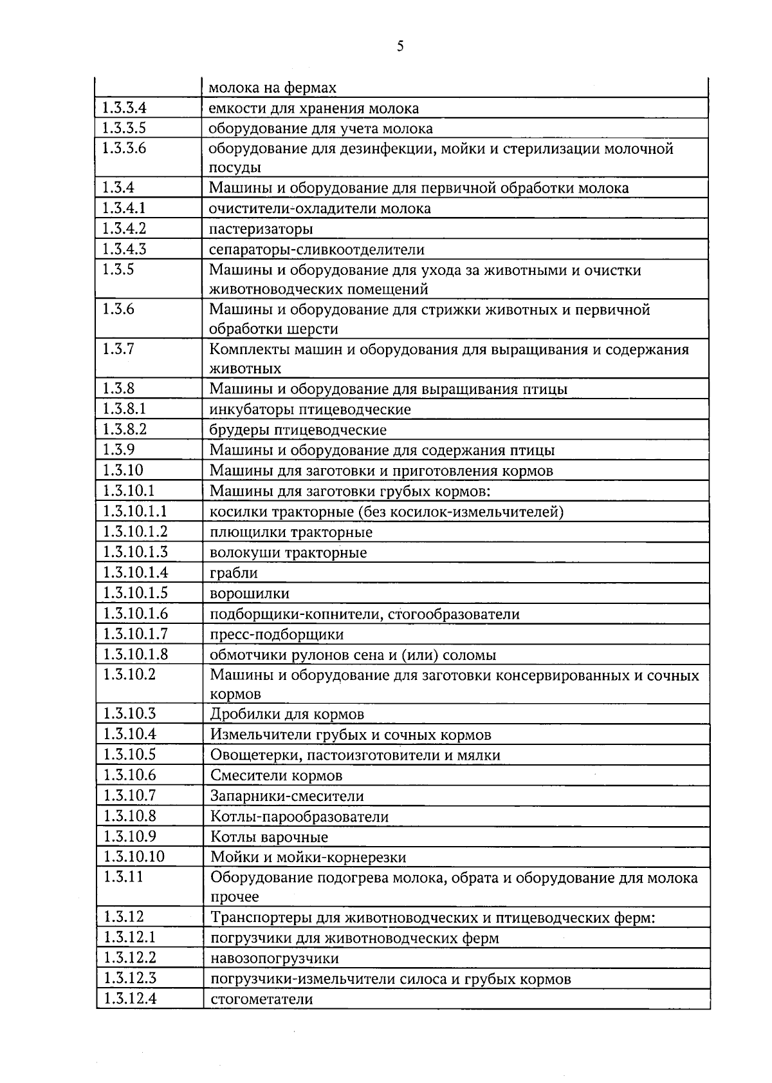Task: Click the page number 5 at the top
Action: (400, 46)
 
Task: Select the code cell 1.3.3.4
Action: (125, 108)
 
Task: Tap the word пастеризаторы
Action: (261, 229)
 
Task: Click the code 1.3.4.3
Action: (125, 249)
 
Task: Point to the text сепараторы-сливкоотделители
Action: (317, 249)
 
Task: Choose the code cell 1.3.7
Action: (118, 349)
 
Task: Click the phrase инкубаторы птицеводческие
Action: (310, 410)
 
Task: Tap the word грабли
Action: (234, 573)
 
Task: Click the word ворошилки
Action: (250, 594)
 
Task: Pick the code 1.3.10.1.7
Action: (136, 634)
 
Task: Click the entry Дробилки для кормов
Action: (287, 714)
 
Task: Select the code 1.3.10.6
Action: (130, 775)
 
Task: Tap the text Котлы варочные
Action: (269, 837)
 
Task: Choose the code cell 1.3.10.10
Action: (134, 856)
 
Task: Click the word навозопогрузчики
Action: (275, 958)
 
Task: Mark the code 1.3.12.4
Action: (131, 998)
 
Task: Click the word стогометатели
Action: (262, 999)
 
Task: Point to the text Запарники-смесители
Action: (287, 796)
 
